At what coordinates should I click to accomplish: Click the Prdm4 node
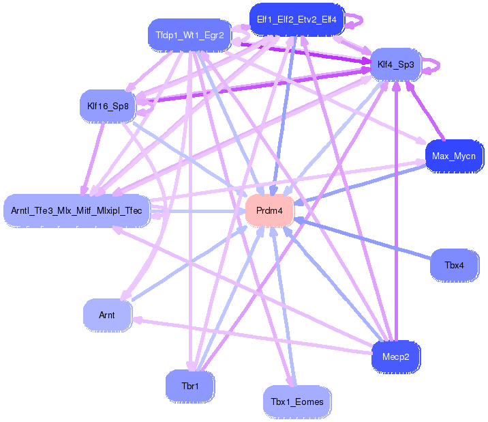coord(269,210)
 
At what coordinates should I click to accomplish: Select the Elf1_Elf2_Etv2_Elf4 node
coord(297,20)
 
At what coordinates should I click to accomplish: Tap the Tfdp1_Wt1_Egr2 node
coord(189,36)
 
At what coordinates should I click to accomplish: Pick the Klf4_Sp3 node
coord(395,65)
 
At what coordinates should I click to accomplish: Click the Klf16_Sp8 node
coord(108,106)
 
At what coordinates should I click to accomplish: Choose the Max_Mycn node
coord(454,156)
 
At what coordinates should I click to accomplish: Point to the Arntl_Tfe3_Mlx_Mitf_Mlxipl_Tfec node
coord(76,210)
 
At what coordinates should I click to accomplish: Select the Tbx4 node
coord(455,265)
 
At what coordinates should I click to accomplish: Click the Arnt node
coord(107,315)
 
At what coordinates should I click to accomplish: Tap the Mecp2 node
coord(396,357)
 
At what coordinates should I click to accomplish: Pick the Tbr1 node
coord(190,386)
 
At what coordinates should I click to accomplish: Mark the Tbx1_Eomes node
coord(297,402)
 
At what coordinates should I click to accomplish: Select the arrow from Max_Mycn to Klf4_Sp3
coord(425,111)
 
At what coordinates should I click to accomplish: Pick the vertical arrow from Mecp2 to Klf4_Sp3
coord(396,211)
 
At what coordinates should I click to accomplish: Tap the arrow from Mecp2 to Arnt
coord(252,336)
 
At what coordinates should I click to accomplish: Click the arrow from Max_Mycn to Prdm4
coord(359,185)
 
